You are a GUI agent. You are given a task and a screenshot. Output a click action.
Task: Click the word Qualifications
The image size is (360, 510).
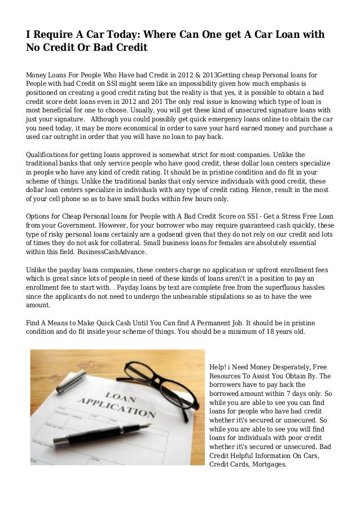coord(51,154)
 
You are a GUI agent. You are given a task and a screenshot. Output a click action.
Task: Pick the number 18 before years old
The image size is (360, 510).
coord(263,332)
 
